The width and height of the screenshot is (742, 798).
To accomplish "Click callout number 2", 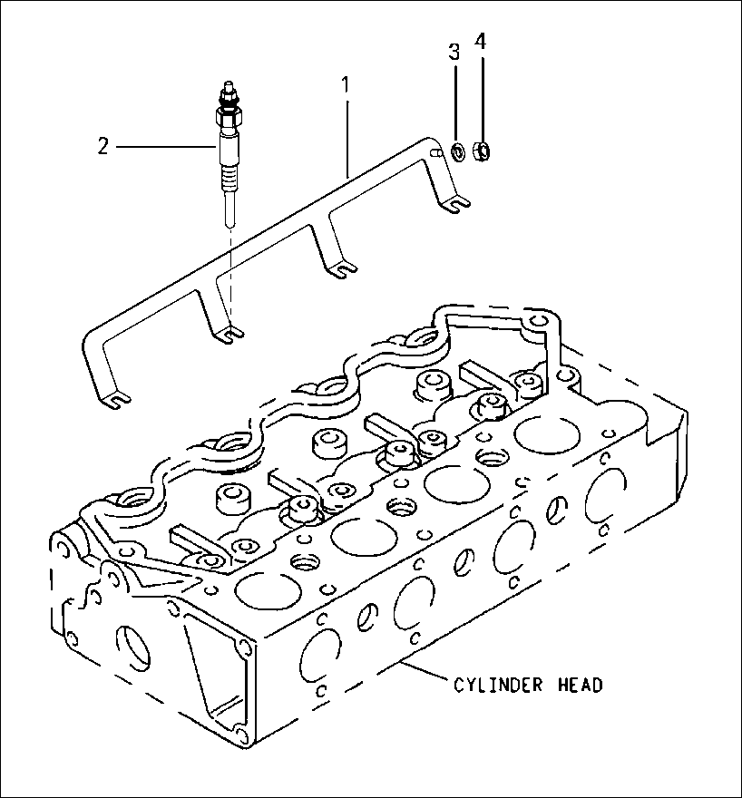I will tap(104, 146).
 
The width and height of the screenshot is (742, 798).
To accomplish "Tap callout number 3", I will tap(454, 52).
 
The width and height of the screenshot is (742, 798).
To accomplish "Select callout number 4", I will tap(482, 43).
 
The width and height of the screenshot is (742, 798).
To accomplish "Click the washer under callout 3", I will tap(458, 151).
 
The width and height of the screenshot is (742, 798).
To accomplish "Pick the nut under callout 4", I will tap(484, 150).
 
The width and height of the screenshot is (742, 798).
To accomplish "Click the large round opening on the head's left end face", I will tap(133, 645).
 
